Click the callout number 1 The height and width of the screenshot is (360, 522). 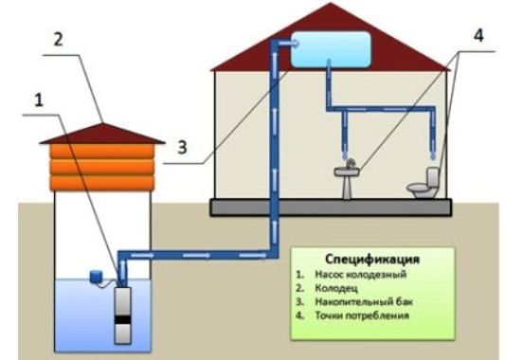[39, 99]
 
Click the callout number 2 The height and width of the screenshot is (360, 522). [58, 40]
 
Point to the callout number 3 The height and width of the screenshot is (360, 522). [182, 147]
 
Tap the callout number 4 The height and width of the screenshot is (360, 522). [478, 35]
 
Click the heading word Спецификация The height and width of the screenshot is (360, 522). [372, 259]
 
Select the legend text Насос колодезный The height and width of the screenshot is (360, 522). [361, 275]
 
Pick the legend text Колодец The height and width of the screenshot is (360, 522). [336, 288]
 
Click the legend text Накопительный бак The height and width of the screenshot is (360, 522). [364, 301]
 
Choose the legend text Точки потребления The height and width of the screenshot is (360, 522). [362, 315]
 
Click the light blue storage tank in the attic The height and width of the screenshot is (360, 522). [331, 49]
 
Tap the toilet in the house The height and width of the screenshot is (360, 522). [423, 183]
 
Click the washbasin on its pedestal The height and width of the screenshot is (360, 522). [347, 180]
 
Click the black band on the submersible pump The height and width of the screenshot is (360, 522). [122, 319]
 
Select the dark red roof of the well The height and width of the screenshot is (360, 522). [102, 134]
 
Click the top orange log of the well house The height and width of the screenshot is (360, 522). [102, 152]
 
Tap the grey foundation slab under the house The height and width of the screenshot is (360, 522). [331, 207]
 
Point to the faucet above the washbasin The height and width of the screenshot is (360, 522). [350, 164]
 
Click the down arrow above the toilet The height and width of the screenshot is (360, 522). [433, 147]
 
